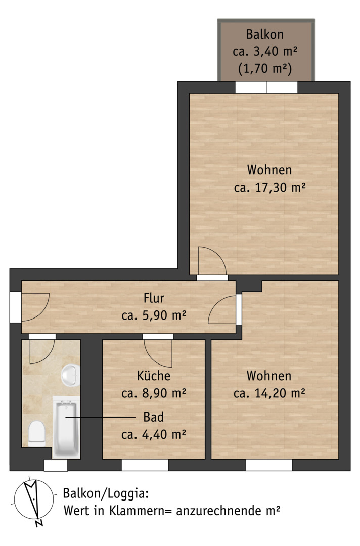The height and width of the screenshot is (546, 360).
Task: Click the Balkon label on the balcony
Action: pyautogui.click(x=264, y=34)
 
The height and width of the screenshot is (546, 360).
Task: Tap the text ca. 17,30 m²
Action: pyautogui.click(x=269, y=188)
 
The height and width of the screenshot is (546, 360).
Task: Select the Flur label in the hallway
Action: pyautogui.click(x=154, y=298)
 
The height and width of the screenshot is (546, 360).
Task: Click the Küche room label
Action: pyautogui.click(x=154, y=375)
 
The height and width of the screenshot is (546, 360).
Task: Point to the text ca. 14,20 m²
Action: pyautogui.click(x=269, y=393)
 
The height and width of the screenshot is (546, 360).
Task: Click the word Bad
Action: pyautogui.click(x=154, y=417)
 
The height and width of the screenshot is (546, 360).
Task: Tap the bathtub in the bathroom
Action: pyautogui.click(x=66, y=427)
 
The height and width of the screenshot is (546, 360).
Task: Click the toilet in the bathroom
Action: pyautogui.click(x=37, y=434)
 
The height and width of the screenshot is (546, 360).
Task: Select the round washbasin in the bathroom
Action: pyautogui.click(x=71, y=375)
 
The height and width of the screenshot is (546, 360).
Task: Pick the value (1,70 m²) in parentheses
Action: pyautogui.click(x=264, y=68)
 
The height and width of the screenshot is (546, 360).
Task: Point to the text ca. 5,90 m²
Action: pyautogui.click(x=154, y=315)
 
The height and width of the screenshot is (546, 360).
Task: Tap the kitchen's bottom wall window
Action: pyautogui.click(x=145, y=465)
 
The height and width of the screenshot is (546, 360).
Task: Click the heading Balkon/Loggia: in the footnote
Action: pyautogui.click(x=106, y=494)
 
